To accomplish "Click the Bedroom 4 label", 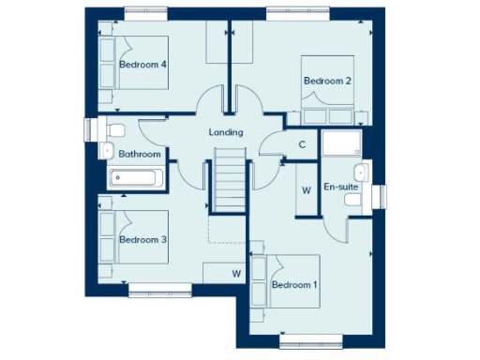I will [x=143, y=65].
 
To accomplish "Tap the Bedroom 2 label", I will [x=327, y=81].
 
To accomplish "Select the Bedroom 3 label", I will [x=142, y=240].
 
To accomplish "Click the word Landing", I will [x=226, y=132].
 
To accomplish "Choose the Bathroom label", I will [x=139, y=154].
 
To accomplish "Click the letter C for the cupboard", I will [x=302, y=144].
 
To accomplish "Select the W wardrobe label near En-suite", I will [x=306, y=189].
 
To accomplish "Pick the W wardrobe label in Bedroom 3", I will [x=235, y=275].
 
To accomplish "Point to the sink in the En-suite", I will [x=361, y=172].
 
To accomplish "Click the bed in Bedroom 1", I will [x=287, y=281].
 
